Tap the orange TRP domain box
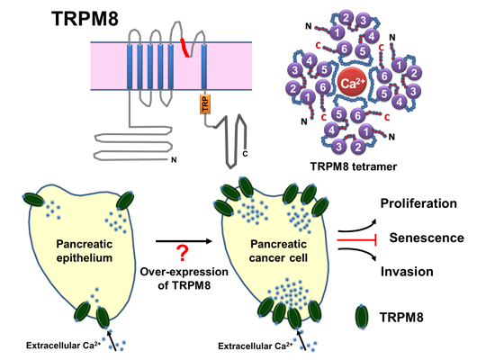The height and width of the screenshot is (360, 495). pos(204,105)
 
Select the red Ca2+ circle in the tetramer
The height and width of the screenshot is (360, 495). pos(351,85)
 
